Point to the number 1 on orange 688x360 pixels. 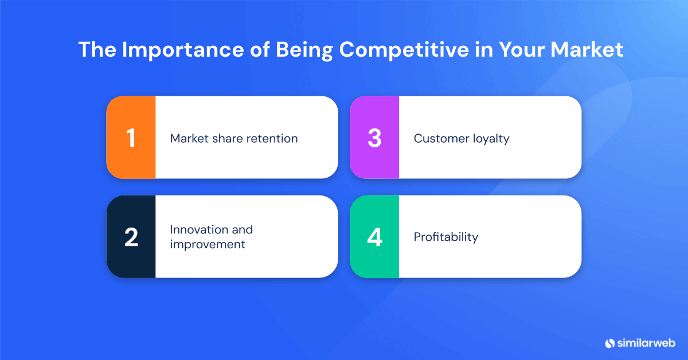[131, 138]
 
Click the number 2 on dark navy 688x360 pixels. [131, 237]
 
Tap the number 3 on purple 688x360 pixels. [374, 138]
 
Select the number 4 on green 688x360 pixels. [374, 237]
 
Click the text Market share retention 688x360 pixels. [234, 138]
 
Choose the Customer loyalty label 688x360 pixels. [462, 138]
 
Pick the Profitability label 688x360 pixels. [446, 237]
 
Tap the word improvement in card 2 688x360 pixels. [208, 244]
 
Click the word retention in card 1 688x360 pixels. [273, 138]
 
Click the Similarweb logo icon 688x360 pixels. [609, 343]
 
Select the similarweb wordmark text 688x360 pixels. [646, 343]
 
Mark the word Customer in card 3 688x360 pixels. [439, 138]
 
